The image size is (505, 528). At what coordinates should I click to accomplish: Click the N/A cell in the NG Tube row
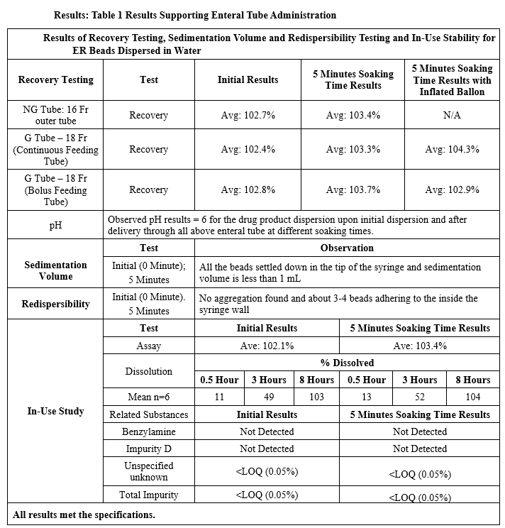pos(452,115)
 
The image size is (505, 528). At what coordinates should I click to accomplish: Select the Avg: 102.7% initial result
pos(248,115)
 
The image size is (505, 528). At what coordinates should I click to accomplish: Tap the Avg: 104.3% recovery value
pos(452,149)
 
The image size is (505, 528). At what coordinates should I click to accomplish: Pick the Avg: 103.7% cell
pos(353,189)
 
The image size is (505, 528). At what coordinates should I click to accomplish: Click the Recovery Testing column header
pos(55,79)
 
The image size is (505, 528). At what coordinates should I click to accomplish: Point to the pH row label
pos(55,225)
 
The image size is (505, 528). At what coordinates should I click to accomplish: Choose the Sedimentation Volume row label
pos(55,270)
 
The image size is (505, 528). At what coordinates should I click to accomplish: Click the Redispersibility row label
pos(55,304)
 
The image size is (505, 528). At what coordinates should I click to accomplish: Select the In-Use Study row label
pos(55,411)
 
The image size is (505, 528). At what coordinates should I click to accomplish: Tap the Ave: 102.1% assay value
pos(267,346)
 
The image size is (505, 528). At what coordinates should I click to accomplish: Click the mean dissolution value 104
pos(472,397)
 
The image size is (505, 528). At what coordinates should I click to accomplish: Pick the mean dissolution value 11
pos(218,397)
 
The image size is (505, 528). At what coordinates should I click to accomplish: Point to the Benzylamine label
pos(149,431)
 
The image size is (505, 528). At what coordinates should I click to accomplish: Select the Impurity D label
pos(149,449)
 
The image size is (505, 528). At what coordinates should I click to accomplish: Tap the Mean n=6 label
pos(149,397)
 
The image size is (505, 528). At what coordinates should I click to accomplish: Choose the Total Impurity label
pos(149,495)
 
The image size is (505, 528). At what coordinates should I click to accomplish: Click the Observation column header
pos(347,248)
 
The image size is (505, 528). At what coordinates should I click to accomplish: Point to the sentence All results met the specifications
pos(84,515)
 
